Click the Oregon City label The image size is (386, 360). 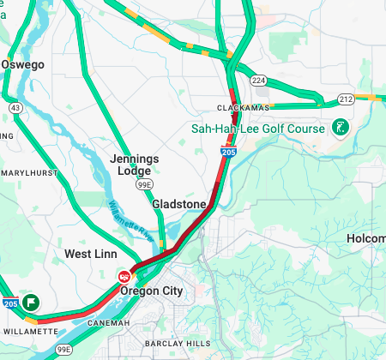point(152,291)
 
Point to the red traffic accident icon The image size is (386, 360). point(124,276)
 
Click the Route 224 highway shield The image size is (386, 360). point(258,81)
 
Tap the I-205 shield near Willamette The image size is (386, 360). point(9,303)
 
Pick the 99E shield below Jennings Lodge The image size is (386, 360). point(147,183)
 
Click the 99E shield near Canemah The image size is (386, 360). point(64,350)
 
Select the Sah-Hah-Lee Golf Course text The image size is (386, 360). point(257,129)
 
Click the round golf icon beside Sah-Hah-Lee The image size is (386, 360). point(340,128)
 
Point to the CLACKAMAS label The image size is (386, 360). point(243,108)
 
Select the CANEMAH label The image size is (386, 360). point(108,322)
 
